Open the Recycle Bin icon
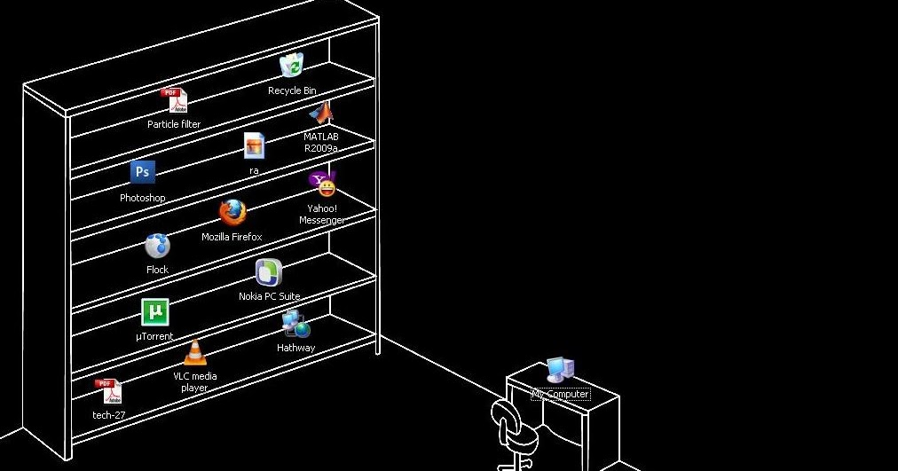[292, 66]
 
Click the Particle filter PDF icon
[173, 100]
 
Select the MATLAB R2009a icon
[321, 113]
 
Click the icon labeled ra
[254, 145]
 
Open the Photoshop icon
[142, 172]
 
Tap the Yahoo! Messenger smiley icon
[323, 184]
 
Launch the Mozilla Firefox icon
[232, 213]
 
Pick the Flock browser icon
[157, 246]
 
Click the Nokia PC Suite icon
[269, 272]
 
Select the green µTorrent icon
[154, 312]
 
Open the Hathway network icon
[295, 325]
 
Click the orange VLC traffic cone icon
[194, 352]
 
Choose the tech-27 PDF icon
[108, 390]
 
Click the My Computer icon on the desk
[560, 370]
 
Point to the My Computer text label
[560, 395]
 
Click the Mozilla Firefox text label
[232, 238]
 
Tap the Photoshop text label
[142, 199]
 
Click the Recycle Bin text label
[292, 90]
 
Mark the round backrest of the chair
[504, 416]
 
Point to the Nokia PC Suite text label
[269, 296]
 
